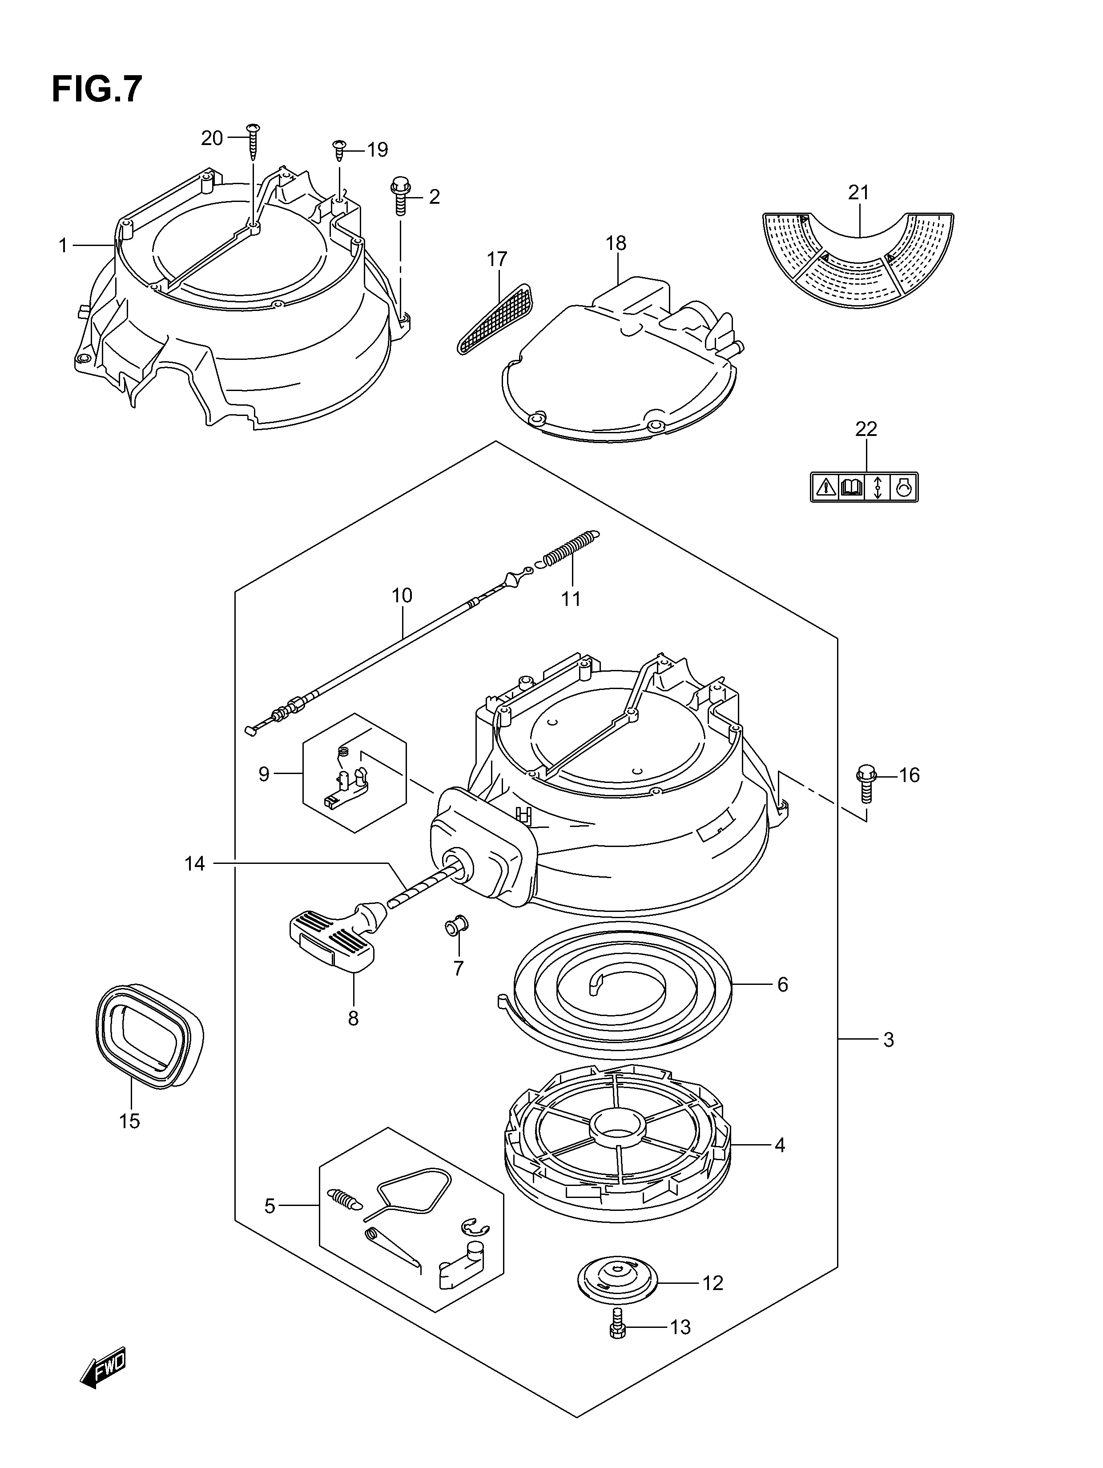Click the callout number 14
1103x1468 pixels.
pyautogui.click(x=194, y=863)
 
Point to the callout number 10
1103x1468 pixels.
pyautogui.click(x=402, y=595)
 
